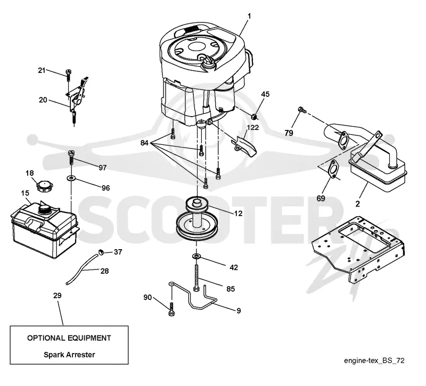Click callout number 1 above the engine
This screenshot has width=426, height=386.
tap(249, 17)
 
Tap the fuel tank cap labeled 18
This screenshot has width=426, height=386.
tap(45, 187)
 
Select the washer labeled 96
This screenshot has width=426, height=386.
tap(71, 178)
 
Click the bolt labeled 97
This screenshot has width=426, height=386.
tap(71, 157)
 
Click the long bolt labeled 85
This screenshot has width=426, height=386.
tap(196, 278)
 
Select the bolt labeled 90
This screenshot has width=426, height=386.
tap(171, 309)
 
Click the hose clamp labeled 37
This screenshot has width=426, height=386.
tap(101, 252)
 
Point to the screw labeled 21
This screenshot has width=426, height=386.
tap(68, 74)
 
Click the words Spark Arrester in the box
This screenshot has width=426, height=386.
tap(69, 355)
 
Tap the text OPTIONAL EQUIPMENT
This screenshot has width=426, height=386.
tap(69, 338)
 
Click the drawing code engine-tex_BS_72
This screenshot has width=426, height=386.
tap(374, 360)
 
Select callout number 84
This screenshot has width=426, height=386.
tap(144, 143)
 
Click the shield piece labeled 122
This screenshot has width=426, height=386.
tap(244, 146)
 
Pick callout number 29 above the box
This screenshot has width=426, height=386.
tap(58, 295)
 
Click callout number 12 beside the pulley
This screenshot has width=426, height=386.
tap(238, 213)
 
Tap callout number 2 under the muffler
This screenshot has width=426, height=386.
tap(357, 204)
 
